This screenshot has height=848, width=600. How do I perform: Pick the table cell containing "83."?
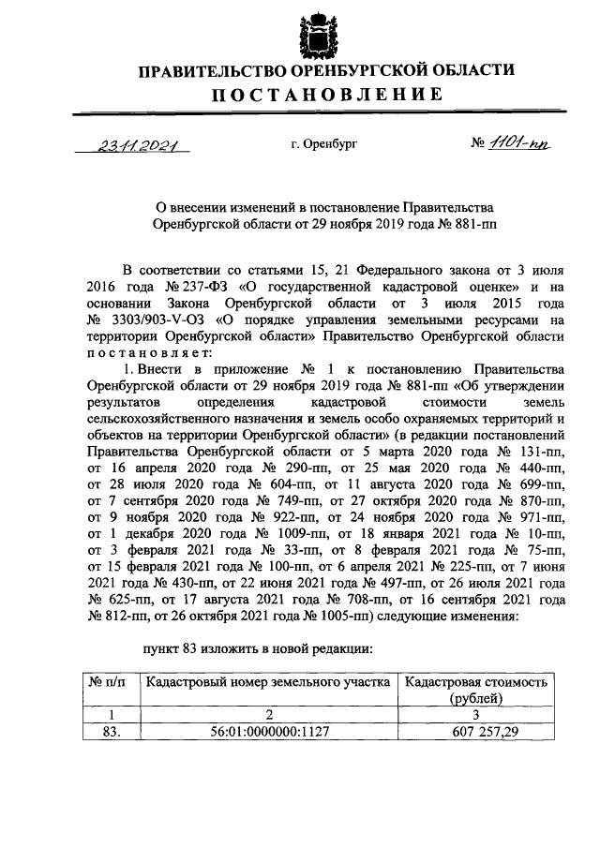coord(111,733)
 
